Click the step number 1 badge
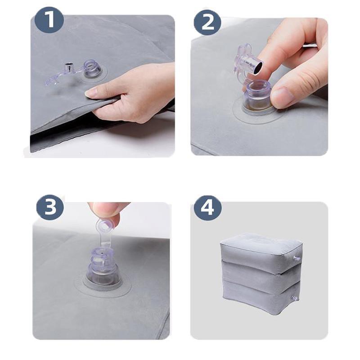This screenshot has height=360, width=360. (49, 19)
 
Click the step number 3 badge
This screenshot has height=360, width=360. (50, 206)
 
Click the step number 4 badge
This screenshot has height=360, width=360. (207, 207)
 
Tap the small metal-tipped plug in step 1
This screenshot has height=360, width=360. (68, 67)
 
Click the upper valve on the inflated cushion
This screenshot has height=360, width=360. (296, 258)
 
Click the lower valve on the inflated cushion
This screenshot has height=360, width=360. (295, 298)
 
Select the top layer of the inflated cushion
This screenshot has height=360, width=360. (261, 250)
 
